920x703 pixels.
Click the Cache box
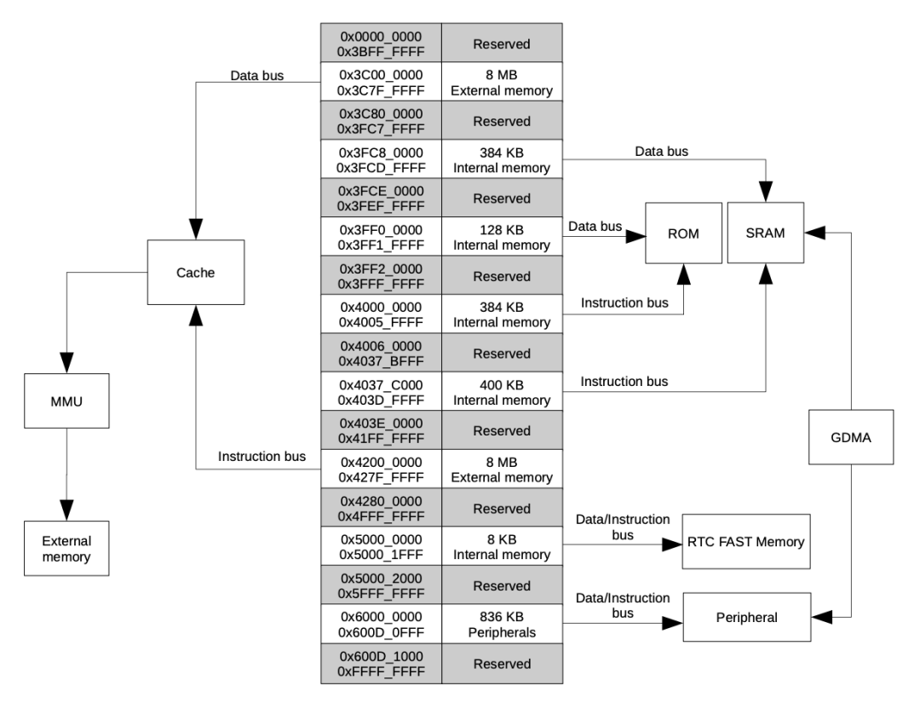point(196,272)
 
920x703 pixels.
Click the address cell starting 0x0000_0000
point(381,42)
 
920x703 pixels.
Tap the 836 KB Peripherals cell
point(501,623)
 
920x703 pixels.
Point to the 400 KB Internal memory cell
point(501,391)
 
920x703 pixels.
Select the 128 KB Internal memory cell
point(501,236)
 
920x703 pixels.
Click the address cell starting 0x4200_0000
point(381,469)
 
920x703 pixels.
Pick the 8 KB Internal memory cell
point(501,546)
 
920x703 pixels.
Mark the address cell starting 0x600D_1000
point(381,662)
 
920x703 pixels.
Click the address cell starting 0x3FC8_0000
point(381,158)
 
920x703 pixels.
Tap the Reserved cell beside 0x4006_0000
point(501,352)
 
